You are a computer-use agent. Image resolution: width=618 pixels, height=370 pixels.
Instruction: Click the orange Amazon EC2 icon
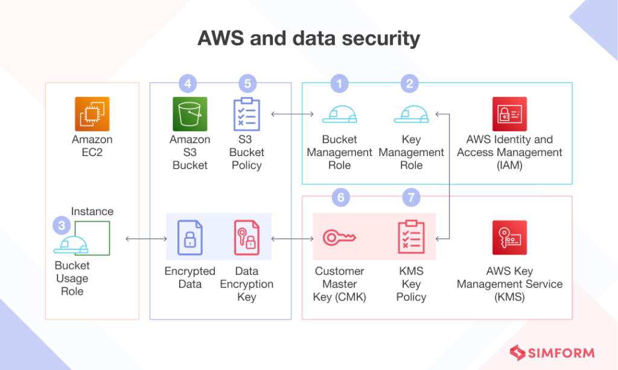pos(92,114)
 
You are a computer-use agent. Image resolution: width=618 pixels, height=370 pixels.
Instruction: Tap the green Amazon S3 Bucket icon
pos(190,114)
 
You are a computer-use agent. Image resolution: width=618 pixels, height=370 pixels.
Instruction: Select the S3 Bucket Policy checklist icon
pos(246,114)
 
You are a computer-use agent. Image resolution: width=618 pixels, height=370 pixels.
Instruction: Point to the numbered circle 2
pos(410,83)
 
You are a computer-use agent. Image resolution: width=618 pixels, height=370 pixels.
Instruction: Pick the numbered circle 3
pos(62,226)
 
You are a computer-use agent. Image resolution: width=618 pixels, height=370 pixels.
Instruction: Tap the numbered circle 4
pos(188,83)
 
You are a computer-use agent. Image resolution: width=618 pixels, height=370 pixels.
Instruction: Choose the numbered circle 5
pos(247,83)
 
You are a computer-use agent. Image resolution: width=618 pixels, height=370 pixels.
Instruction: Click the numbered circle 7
pos(410,197)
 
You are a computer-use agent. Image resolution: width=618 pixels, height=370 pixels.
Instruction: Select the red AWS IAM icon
pos(509,114)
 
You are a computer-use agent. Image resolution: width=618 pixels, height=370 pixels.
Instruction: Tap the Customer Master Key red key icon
pos(339,237)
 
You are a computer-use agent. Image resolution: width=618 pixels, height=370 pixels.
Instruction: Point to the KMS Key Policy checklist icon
pos(411,237)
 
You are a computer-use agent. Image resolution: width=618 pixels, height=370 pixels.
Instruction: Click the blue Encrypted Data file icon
pos(190,237)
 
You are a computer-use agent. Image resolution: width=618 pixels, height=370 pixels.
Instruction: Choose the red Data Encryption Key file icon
pos(246,237)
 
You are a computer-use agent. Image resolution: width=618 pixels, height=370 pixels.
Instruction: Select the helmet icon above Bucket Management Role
pos(339,114)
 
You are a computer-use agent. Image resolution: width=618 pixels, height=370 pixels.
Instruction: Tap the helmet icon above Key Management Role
pos(411,114)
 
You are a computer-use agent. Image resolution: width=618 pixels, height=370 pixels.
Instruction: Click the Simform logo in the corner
pos(552,353)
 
